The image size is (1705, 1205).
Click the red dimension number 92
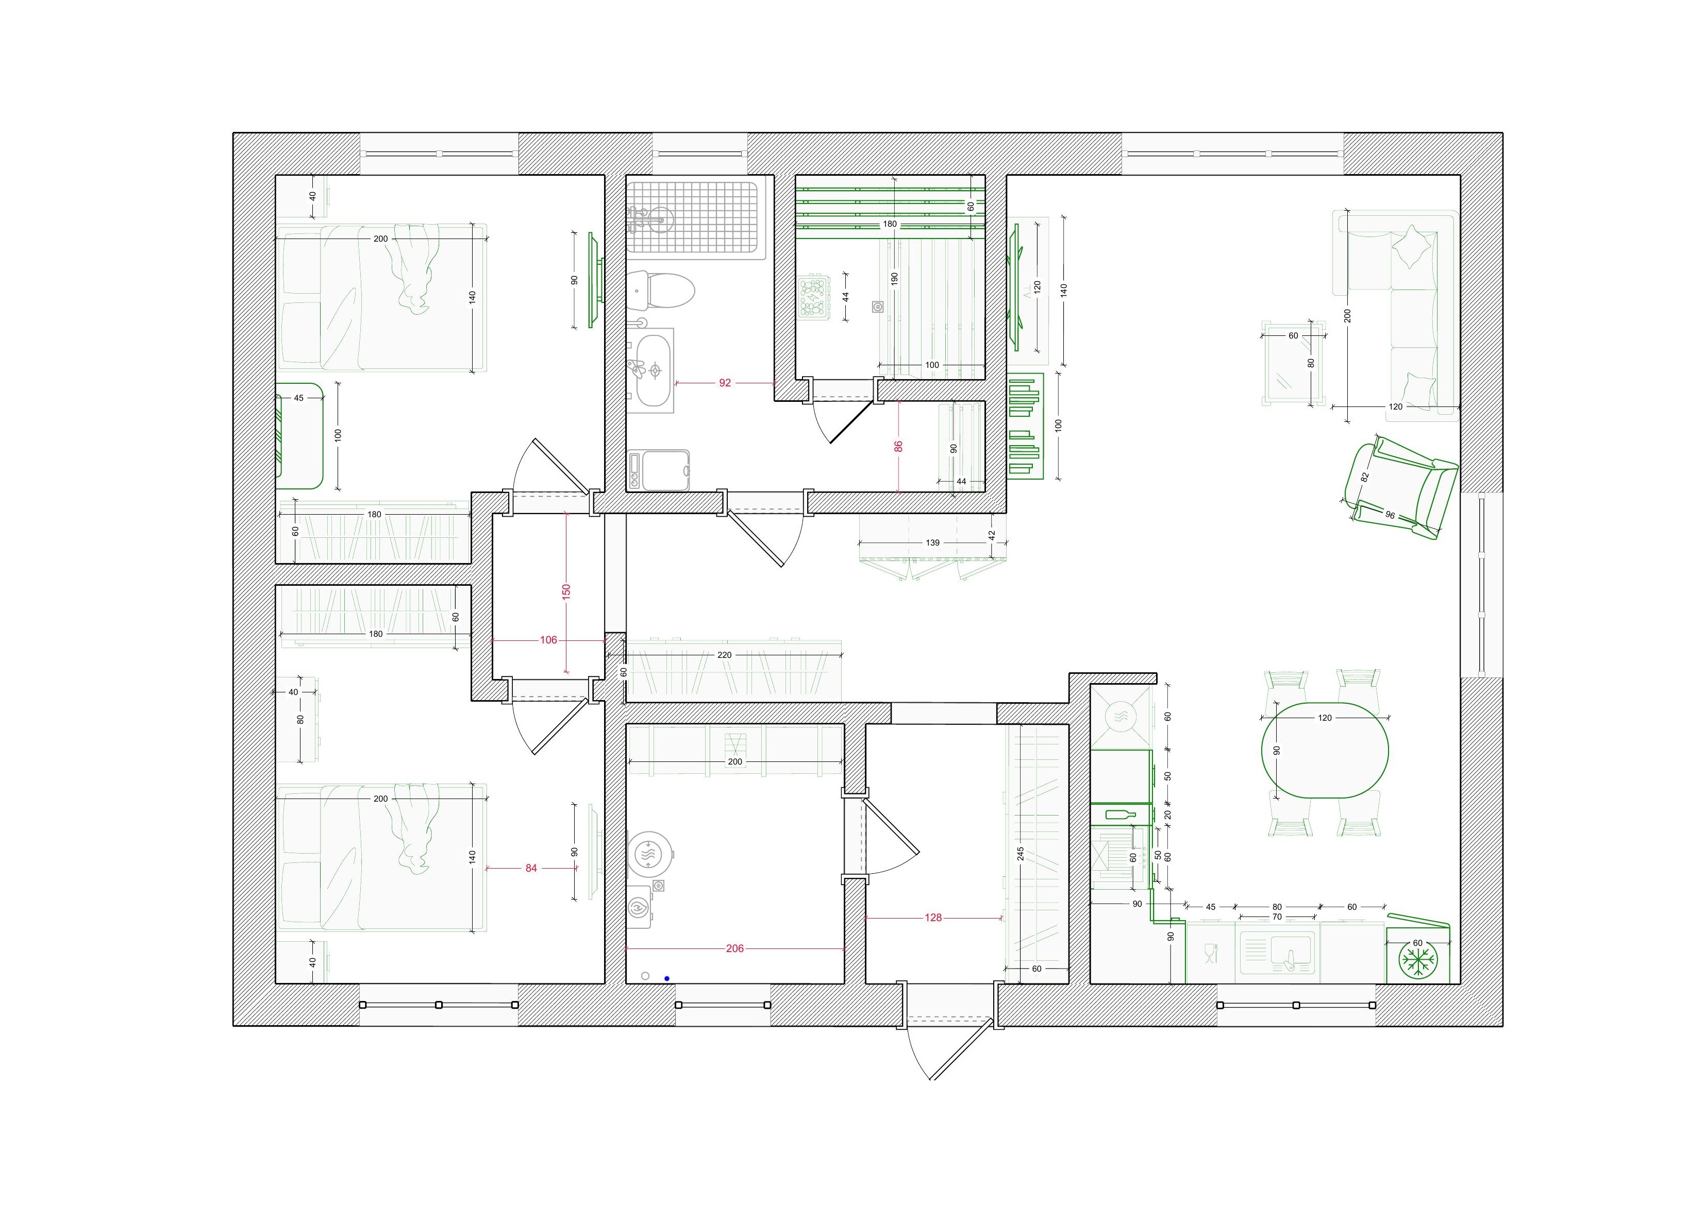pos(725,383)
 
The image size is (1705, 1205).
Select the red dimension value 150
pos(566,592)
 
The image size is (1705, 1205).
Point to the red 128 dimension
pos(933,918)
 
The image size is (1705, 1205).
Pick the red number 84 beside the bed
pos(531,868)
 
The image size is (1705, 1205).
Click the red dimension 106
pos(548,640)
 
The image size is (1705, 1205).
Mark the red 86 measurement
pos(898,446)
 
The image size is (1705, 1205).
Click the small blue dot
pos(667,978)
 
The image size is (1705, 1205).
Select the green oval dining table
pos(1325,750)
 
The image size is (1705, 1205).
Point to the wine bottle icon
pos(1120,814)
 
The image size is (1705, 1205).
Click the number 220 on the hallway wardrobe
pos(724,655)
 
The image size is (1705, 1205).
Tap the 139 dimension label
pos(933,542)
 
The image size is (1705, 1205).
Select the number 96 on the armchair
pos(1390,515)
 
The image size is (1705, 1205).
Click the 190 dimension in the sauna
pos(895,278)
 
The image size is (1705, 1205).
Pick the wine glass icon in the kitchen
pos(1210,952)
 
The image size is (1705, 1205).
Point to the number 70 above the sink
pos(1277,917)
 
